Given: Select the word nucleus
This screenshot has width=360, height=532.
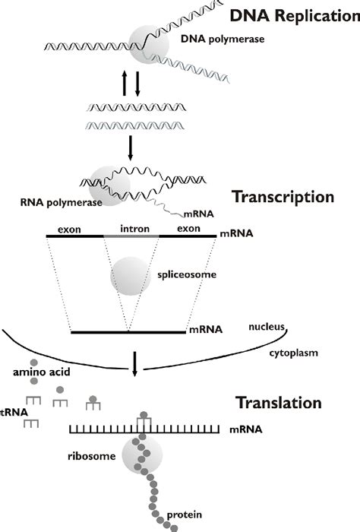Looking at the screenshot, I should point(267,328).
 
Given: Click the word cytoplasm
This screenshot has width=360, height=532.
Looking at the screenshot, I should point(292,353).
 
